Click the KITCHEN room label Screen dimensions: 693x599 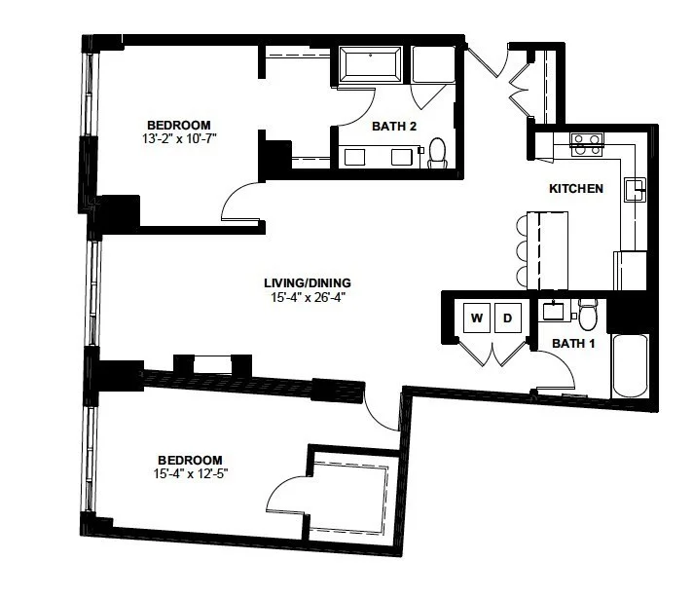pyautogui.click(x=576, y=188)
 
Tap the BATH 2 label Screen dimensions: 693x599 pyautogui.click(x=394, y=127)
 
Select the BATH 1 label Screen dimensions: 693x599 pyautogui.click(x=573, y=343)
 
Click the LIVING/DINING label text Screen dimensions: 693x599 pyautogui.click(x=308, y=282)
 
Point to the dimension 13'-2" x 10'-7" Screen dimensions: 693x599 pyautogui.click(x=179, y=138)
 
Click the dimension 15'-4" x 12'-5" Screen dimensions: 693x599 pyautogui.click(x=191, y=473)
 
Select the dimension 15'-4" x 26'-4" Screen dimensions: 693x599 pyautogui.click(x=308, y=297)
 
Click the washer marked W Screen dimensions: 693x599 pyautogui.click(x=477, y=318)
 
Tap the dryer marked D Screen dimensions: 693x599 pyautogui.click(x=508, y=318)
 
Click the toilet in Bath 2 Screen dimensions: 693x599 pyautogui.click(x=438, y=153)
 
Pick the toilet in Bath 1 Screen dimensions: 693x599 pyautogui.click(x=588, y=315)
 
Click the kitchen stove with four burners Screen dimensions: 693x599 pyautogui.click(x=587, y=144)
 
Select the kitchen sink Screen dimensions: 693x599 pyautogui.click(x=635, y=190)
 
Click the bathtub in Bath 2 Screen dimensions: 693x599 pyautogui.click(x=371, y=65)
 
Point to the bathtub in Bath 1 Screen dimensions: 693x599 pyautogui.click(x=630, y=366)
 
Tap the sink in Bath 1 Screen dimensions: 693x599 pyautogui.click(x=554, y=310)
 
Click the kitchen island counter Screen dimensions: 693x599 pyautogui.click(x=548, y=251)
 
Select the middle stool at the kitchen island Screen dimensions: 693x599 pyautogui.click(x=522, y=251)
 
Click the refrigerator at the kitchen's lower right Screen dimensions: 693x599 pyautogui.click(x=630, y=271)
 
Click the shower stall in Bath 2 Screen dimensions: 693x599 pyautogui.click(x=433, y=64)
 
